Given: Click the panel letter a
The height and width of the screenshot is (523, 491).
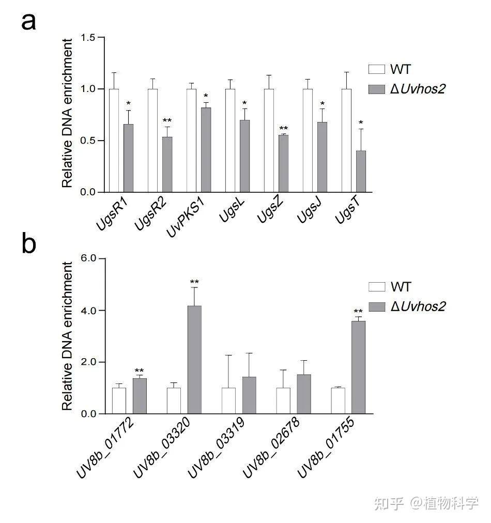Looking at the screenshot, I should point(29,22).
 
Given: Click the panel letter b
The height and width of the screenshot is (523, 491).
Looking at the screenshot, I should point(29,243).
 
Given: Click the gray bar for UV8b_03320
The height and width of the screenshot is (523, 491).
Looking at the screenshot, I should point(194,360).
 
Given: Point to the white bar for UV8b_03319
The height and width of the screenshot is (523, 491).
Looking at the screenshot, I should point(228,401).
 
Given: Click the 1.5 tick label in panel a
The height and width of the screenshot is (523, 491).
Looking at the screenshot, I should point(88,38).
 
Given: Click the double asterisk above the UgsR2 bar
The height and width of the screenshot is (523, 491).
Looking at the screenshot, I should point(167,121).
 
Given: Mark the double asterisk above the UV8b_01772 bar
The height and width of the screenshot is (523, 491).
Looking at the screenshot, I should point(139,371).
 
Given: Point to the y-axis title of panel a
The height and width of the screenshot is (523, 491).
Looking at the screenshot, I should point(67,115).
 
